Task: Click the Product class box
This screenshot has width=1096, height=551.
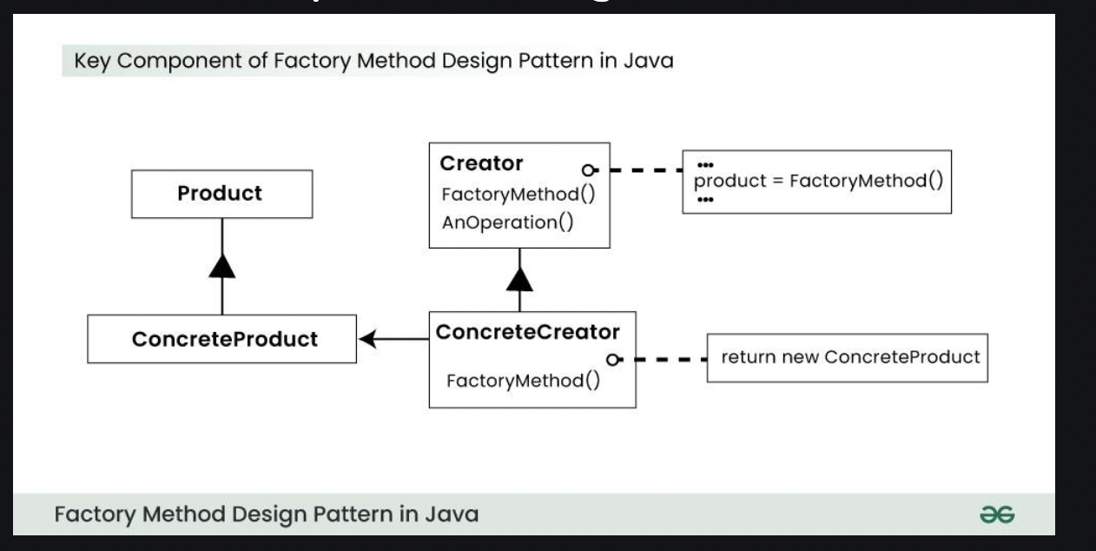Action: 220,193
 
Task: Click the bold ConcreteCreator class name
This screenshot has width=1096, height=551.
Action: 527,332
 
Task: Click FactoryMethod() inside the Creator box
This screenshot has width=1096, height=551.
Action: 518,193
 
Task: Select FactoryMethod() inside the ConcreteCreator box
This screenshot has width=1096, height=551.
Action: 523,381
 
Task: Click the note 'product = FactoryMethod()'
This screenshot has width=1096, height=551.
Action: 818,183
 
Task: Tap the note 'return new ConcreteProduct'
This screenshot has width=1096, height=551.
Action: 849,356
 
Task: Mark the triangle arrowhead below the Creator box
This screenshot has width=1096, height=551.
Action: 519,281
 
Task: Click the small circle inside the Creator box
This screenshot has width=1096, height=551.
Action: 589,170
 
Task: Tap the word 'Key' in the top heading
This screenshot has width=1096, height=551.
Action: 90,62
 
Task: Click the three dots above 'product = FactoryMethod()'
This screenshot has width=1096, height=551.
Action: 704,165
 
